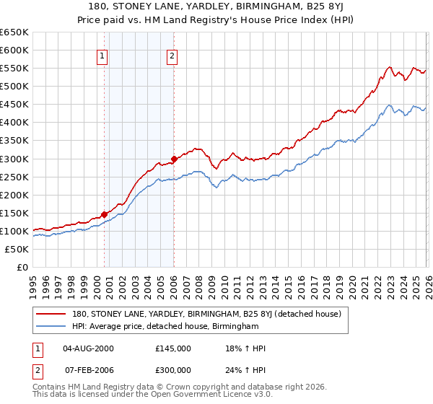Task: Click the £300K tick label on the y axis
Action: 14,159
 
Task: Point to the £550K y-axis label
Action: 14,68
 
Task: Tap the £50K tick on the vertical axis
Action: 17,249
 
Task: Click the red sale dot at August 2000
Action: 104,214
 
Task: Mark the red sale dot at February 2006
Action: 174,159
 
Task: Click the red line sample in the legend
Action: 52,314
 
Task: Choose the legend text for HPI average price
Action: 165,327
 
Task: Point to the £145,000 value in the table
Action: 173,348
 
